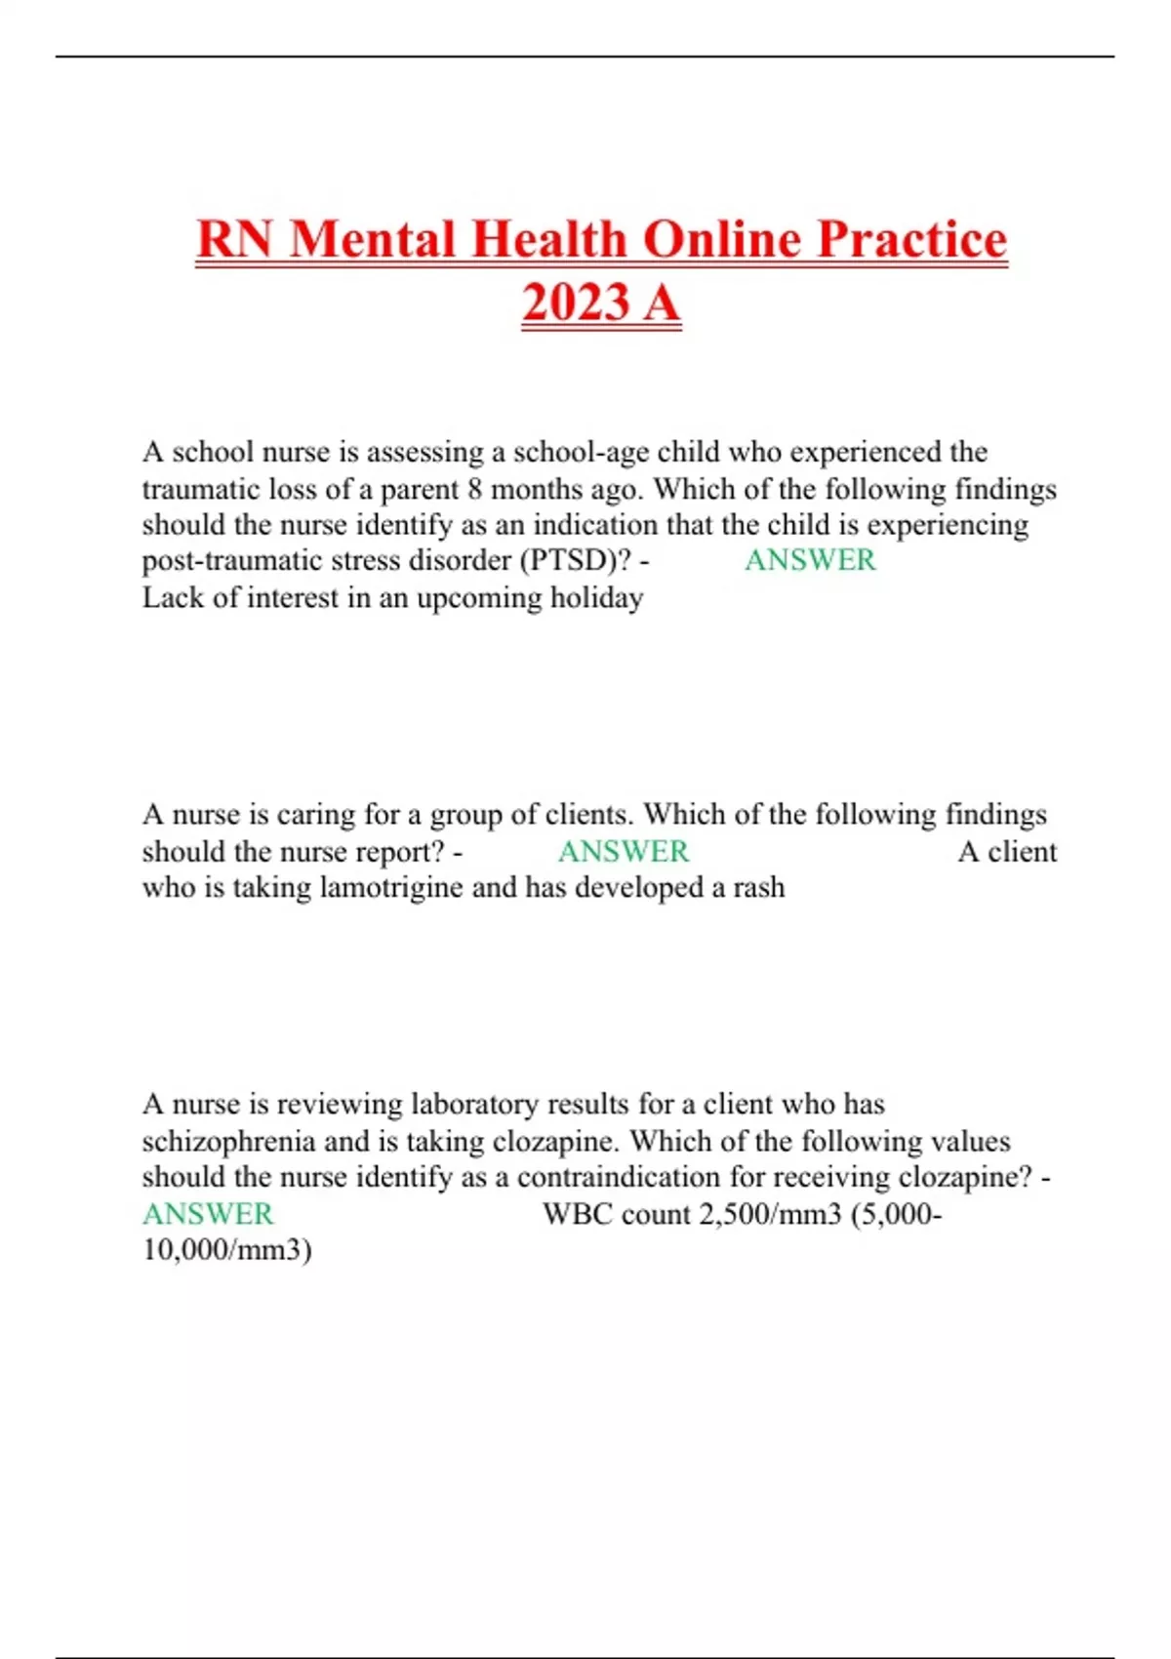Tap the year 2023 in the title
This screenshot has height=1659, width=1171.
pyautogui.click(x=576, y=302)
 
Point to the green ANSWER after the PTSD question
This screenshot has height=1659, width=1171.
pyautogui.click(x=810, y=561)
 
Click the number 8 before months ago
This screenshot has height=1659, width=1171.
pyautogui.click(x=473, y=489)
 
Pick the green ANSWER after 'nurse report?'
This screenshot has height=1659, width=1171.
pyautogui.click(x=624, y=852)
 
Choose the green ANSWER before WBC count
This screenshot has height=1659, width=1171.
pyautogui.click(x=208, y=1215)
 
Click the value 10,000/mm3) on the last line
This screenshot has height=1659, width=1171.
pyautogui.click(x=226, y=1251)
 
